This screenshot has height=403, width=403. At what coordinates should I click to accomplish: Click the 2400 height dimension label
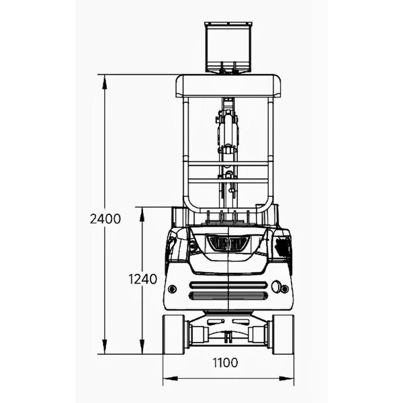click(105, 219)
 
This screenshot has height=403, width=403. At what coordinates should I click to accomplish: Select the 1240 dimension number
click(142, 279)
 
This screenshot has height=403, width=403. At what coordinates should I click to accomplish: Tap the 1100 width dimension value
click(226, 363)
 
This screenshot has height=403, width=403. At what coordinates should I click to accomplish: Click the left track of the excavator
click(174, 334)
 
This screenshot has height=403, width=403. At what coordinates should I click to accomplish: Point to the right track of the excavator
click(283, 334)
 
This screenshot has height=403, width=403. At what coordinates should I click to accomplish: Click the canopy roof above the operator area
click(228, 86)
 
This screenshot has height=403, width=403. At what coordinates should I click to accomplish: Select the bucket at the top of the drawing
click(228, 47)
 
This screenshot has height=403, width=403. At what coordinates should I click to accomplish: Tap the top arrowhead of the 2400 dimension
click(104, 82)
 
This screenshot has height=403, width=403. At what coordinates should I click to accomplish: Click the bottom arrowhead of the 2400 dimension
click(104, 347)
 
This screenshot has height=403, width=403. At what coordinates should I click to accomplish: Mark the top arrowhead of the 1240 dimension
click(142, 214)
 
